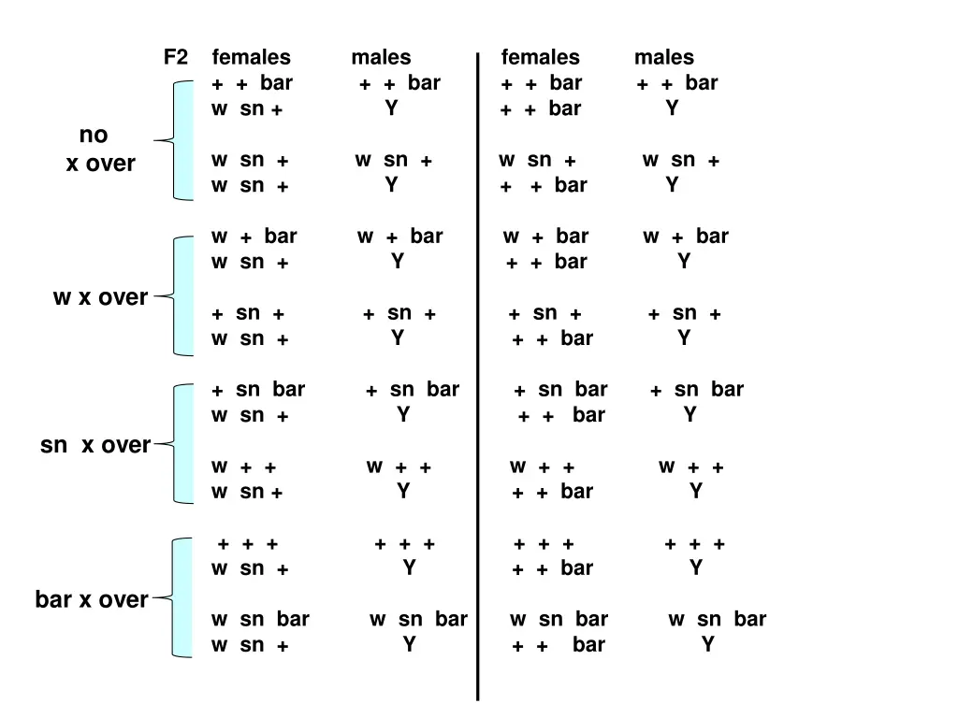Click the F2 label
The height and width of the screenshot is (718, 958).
point(175,58)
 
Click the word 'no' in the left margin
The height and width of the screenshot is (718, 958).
point(94,136)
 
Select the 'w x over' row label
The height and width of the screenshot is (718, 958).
point(100,297)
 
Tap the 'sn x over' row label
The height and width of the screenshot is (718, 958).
point(95,446)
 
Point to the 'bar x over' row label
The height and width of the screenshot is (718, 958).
point(92,599)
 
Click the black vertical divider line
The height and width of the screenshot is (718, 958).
point(477,374)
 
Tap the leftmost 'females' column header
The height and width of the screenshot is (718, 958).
point(252,58)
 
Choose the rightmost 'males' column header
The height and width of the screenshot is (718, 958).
point(664,58)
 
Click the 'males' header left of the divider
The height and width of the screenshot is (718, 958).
point(381,58)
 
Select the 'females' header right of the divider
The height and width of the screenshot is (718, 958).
point(541,58)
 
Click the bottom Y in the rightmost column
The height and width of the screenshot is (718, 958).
point(708,644)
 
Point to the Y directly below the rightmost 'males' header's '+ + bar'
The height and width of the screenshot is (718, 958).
point(672,108)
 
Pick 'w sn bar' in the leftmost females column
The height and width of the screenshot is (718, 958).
point(260,619)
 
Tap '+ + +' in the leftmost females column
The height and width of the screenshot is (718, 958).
point(248,544)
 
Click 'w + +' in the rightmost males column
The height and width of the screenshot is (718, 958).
point(691,467)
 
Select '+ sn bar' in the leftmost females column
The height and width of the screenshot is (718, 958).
point(258,390)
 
